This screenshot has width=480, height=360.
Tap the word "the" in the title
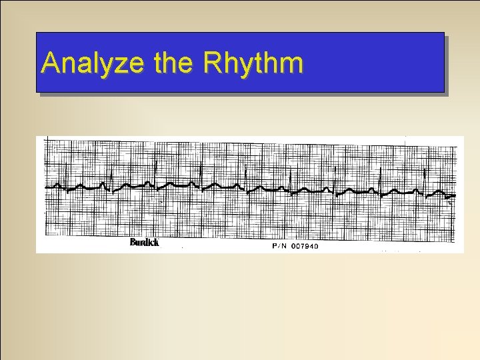click(x=175, y=63)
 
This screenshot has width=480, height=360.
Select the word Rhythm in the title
click(x=253, y=63)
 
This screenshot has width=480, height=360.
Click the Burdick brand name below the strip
click(x=144, y=243)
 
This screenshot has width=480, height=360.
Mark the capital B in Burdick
click(x=133, y=243)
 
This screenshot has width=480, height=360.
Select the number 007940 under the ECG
click(x=305, y=246)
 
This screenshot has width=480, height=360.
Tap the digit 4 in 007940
click(x=311, y=246)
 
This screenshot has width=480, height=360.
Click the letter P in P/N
click(x=275, y=246)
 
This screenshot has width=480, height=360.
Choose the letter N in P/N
click(x=285, y=246)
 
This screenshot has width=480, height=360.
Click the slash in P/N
click(x=280, y=246)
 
